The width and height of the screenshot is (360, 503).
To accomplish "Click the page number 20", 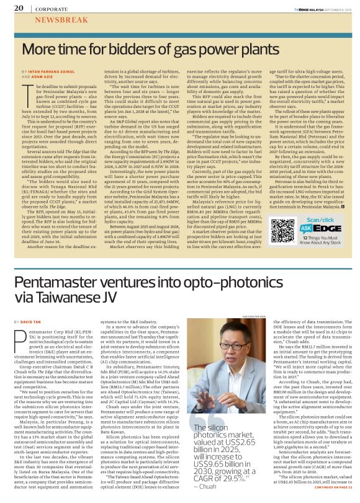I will pos(18,9).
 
